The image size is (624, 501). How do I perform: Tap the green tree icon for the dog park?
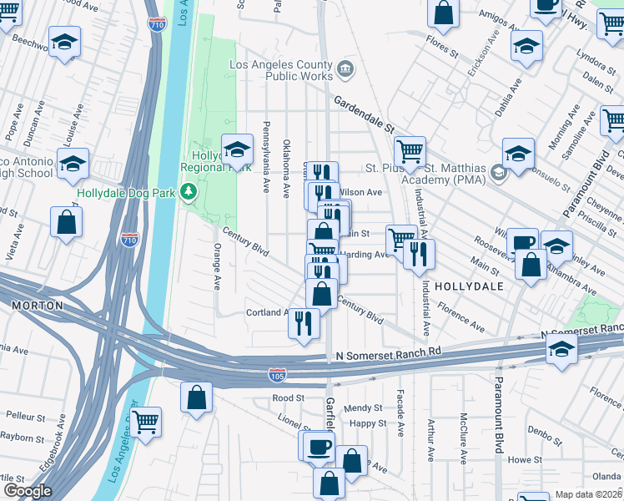(190, 192)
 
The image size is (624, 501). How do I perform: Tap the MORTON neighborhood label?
(38, 306)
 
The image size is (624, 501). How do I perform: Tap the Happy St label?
(368, 423)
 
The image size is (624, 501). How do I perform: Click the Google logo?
(27, 491)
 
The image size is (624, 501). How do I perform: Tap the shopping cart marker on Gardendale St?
(410, 151)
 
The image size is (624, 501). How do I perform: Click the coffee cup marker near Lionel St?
(319, 445)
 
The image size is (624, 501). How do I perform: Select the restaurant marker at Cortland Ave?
(304, 322)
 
